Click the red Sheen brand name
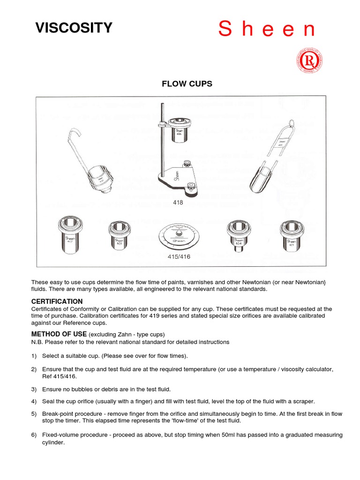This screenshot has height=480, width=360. [x=267, y=29]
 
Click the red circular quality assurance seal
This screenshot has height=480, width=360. [x=307, y=61]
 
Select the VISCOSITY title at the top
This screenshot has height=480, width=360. [x=74, y=28]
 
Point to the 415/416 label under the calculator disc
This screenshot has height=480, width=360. [x=179, y=256]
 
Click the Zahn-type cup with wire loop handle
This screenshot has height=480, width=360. [x=272, y=155]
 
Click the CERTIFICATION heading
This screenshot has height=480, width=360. [x=57, y=301]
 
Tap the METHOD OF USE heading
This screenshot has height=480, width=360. [x=59, y=334]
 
